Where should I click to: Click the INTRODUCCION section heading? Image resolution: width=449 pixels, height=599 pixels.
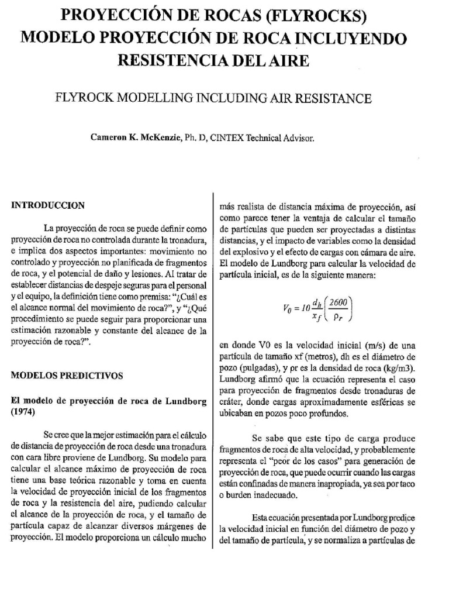48,205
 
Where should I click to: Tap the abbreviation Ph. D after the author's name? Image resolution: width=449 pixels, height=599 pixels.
195,139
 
